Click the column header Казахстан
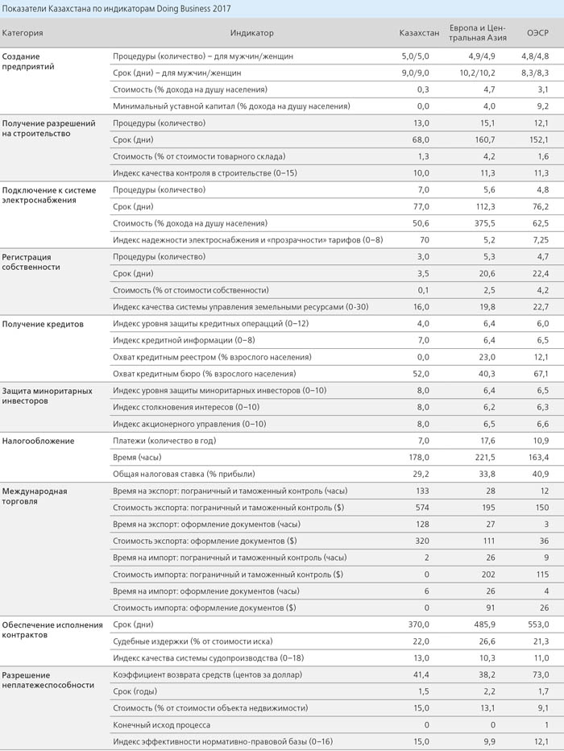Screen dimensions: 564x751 [x=419, y=33]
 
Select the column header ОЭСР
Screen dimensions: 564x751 [x=537, y=33]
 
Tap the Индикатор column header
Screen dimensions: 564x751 [x=252, y=33]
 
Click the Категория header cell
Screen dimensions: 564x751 [x=23, y=33]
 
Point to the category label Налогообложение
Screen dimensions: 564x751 [x=39, y=441]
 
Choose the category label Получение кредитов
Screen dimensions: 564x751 [x=43, y=324]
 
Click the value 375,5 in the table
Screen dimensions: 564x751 [x=485, y=224]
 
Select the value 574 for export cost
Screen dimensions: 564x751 [x=422, y=508]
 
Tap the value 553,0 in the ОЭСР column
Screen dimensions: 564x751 [x=539, y=624]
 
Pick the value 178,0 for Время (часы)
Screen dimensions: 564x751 [x=419, y=458]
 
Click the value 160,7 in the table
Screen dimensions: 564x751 [x=485, y=140]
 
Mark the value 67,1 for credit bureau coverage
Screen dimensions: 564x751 [x=541, y=374]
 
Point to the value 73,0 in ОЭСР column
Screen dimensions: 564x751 [x=541, y=674]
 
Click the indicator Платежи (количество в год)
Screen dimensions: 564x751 [x=164, y=441]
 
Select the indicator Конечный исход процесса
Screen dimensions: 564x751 [x=161, y=725]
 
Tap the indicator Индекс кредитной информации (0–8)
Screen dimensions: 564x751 [x=184, y=341]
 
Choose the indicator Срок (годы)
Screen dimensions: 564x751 [x=135, y=691]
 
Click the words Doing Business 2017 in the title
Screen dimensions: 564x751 [x=193, y=9]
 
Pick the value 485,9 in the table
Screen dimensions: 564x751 [x=485, y=624]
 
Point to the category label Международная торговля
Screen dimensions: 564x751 [x=35, y=496]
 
